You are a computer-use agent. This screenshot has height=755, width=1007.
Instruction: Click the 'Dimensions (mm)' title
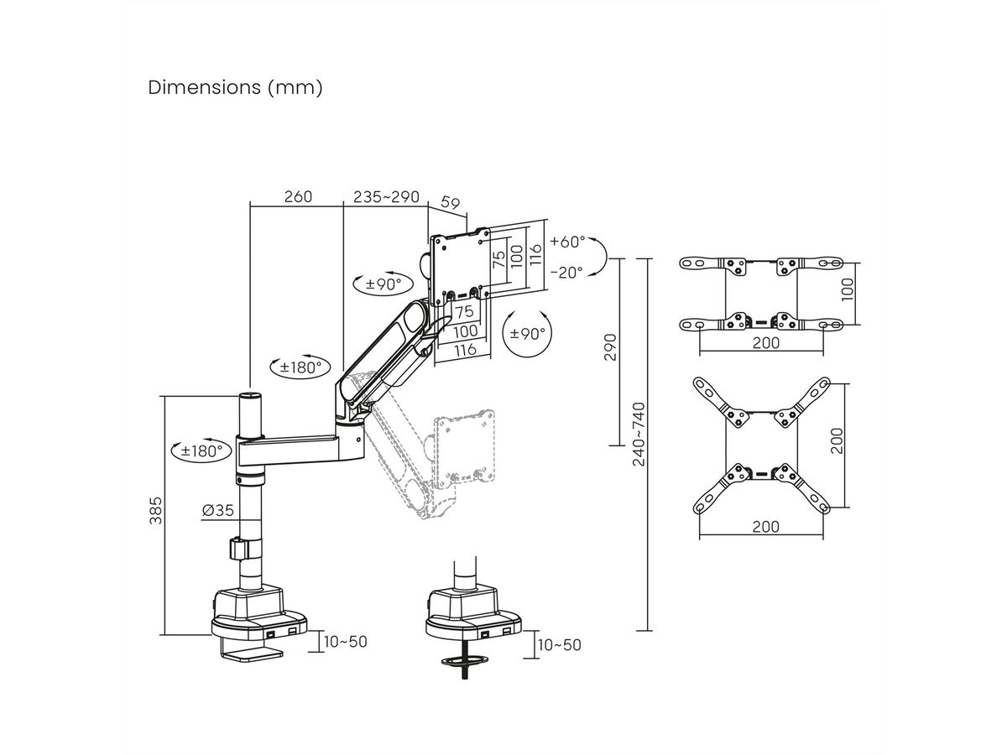(235, 88)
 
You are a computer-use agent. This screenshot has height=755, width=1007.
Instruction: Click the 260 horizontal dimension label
(298, 197)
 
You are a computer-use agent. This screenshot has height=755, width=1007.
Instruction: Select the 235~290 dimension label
(386, 197)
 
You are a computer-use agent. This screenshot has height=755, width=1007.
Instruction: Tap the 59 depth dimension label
(451, 202)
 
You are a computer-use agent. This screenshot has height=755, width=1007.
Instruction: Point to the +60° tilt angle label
(567, 242)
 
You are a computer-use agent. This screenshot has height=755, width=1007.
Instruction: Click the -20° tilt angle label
(567, 273)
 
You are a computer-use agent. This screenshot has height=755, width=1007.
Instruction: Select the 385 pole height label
(155, 510)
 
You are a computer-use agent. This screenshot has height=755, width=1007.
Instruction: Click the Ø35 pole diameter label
(217, 509)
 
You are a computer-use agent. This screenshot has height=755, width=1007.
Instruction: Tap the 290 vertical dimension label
(610, 346)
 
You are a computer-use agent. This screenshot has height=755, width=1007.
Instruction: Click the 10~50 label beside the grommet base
(560, 644)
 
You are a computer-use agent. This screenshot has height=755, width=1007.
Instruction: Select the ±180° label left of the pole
(201, 450)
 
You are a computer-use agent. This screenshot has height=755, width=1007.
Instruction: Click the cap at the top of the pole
(250, 395)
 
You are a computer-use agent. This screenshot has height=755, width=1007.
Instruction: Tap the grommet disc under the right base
(462, 662)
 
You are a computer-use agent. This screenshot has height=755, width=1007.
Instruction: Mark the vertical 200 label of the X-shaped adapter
(836, 440)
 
